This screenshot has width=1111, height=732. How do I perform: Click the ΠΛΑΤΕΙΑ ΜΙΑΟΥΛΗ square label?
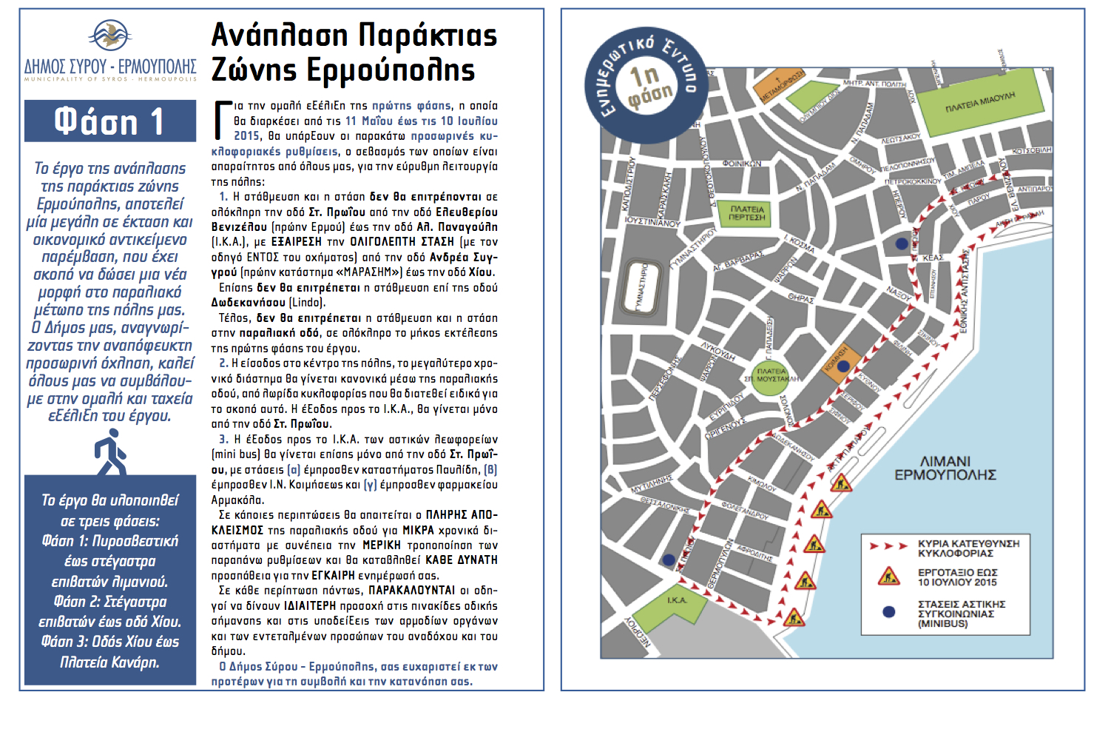(980, 103)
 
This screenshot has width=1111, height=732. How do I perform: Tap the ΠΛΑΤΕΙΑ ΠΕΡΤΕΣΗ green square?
(746, 213)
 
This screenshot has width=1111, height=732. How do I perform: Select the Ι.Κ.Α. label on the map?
(676, 600)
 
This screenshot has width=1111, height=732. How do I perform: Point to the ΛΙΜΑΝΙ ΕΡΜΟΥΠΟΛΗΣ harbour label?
(945, 468)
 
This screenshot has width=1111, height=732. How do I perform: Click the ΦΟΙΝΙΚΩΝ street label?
(741, 164)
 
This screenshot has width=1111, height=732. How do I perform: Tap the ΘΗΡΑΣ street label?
(801, 298)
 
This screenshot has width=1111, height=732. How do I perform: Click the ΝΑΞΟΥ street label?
(899, 293)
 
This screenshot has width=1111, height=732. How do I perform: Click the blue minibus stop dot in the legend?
(888, 612)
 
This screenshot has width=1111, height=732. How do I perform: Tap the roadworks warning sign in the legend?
(888, 576)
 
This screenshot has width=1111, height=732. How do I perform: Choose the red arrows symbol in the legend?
(888, 546)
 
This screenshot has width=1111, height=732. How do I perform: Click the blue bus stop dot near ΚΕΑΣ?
(901, 244)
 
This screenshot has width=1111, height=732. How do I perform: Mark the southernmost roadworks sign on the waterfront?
(794, 616)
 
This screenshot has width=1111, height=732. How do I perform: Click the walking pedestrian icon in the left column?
(110, 453)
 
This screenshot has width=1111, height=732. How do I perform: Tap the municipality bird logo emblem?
(109, 36)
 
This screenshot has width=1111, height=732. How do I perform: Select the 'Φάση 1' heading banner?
(109, 121)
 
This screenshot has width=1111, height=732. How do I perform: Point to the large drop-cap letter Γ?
(221, 120)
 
